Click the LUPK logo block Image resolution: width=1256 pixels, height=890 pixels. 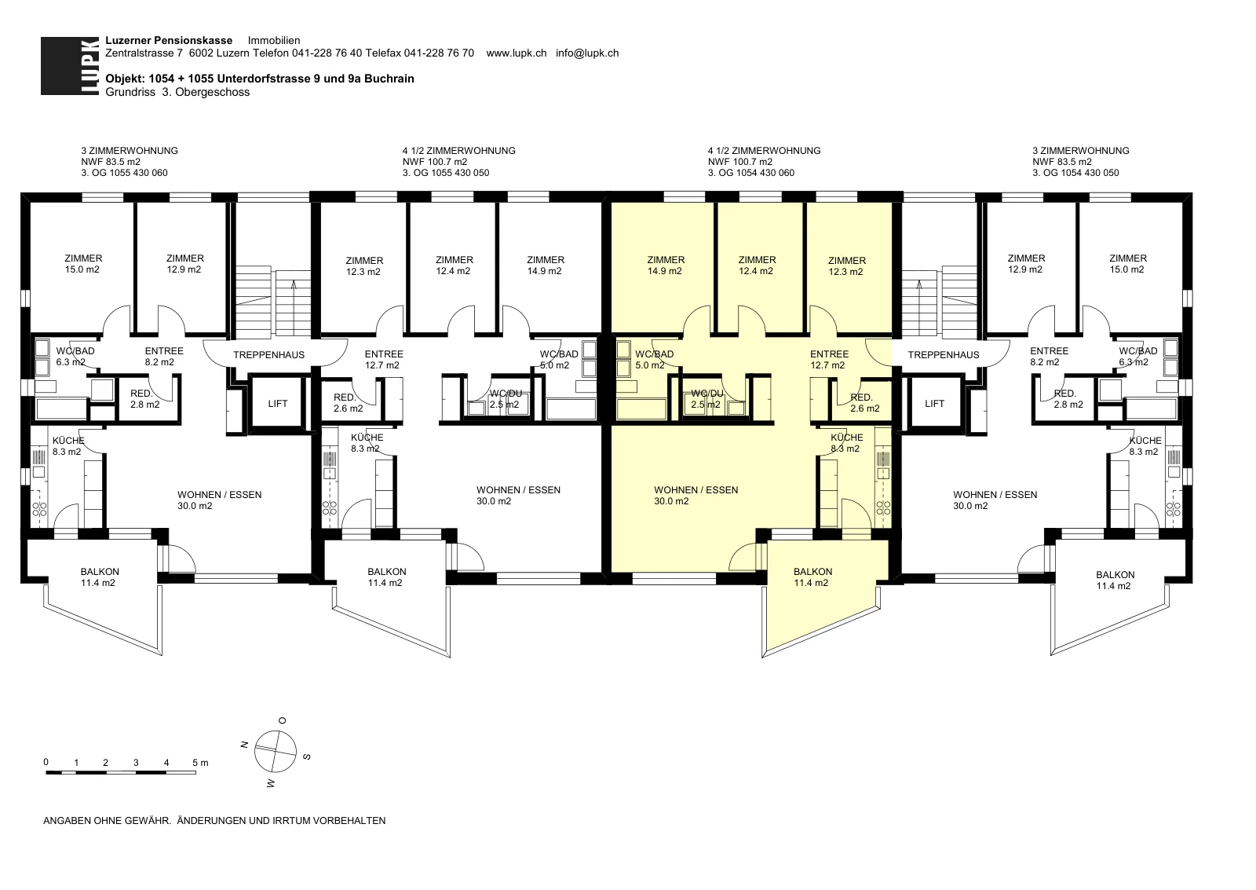[70, 66]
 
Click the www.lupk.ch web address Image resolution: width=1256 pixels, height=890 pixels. [516, 53]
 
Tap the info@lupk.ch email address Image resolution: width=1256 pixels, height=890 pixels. [587, 53]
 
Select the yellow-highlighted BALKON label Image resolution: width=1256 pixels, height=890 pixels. [812, 577]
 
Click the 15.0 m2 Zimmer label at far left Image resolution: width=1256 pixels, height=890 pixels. [83, 264]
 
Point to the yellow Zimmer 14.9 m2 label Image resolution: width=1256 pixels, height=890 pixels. [666, 266]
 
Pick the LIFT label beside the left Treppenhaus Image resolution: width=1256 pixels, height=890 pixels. [278, 404]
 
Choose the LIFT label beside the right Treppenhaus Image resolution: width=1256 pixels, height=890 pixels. [934, 404]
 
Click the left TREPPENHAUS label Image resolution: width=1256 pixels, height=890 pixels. [268, 354]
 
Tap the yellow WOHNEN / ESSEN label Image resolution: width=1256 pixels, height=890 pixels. [696, 495]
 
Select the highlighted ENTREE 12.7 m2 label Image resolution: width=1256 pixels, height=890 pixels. [829, 359]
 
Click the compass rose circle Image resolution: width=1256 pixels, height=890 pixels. [275, 751]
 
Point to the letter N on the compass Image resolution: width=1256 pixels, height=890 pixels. [244, 745]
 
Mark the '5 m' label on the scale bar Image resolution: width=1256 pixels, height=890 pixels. [200, 763]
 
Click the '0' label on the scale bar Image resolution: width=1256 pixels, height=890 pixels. [46, 762]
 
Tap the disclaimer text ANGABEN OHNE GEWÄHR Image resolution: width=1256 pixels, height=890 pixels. [107, 820]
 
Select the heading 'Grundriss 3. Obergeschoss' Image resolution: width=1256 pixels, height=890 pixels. [177, 92]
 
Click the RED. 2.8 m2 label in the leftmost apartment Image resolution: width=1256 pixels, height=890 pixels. [144, 399]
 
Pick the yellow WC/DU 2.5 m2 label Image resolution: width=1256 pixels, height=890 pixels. [706, 399]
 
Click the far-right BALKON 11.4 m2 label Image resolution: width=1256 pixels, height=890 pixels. [1115, 581]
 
